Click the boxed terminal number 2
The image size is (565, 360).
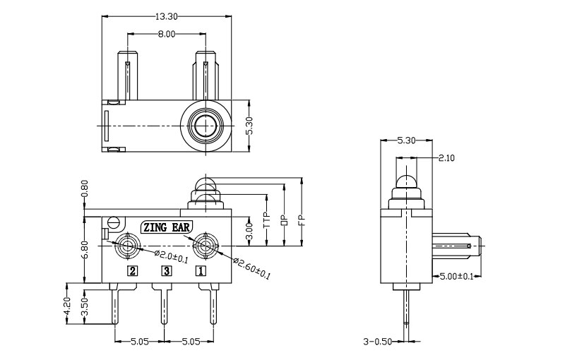click(132, 270)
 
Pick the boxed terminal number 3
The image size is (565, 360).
click(167, 270)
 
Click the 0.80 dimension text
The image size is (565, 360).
click(85, 190)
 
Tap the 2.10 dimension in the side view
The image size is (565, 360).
click(446, 157)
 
